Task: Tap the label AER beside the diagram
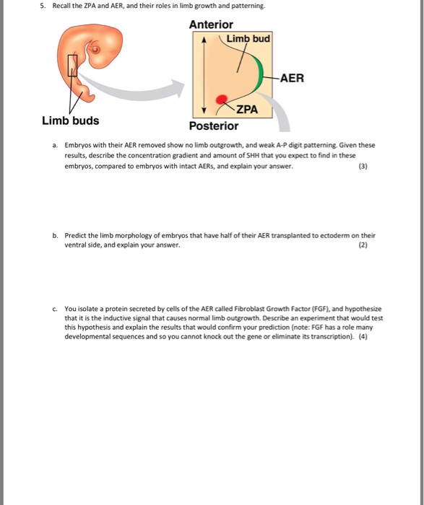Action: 292,77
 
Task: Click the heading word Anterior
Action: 211,25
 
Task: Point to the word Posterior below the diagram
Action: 213,126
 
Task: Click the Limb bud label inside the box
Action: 248,38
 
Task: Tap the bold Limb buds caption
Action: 71,120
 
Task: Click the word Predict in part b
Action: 78,235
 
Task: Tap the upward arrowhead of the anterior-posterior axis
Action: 204,41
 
